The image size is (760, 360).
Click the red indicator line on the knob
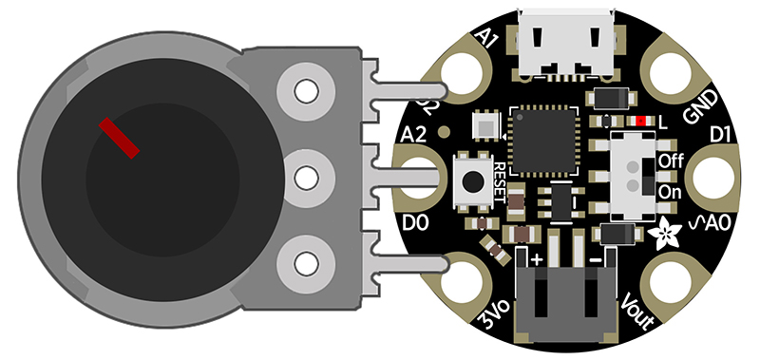click(x=120, y=138)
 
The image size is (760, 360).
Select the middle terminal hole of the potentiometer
click(x=306, y=177)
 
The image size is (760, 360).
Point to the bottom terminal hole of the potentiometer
click(x=306, y=261)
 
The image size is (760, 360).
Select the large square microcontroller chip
click(x=544, y=142)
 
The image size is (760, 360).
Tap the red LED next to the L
click(x=644, y=122)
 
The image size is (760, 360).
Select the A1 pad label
click(x=487, y=39)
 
